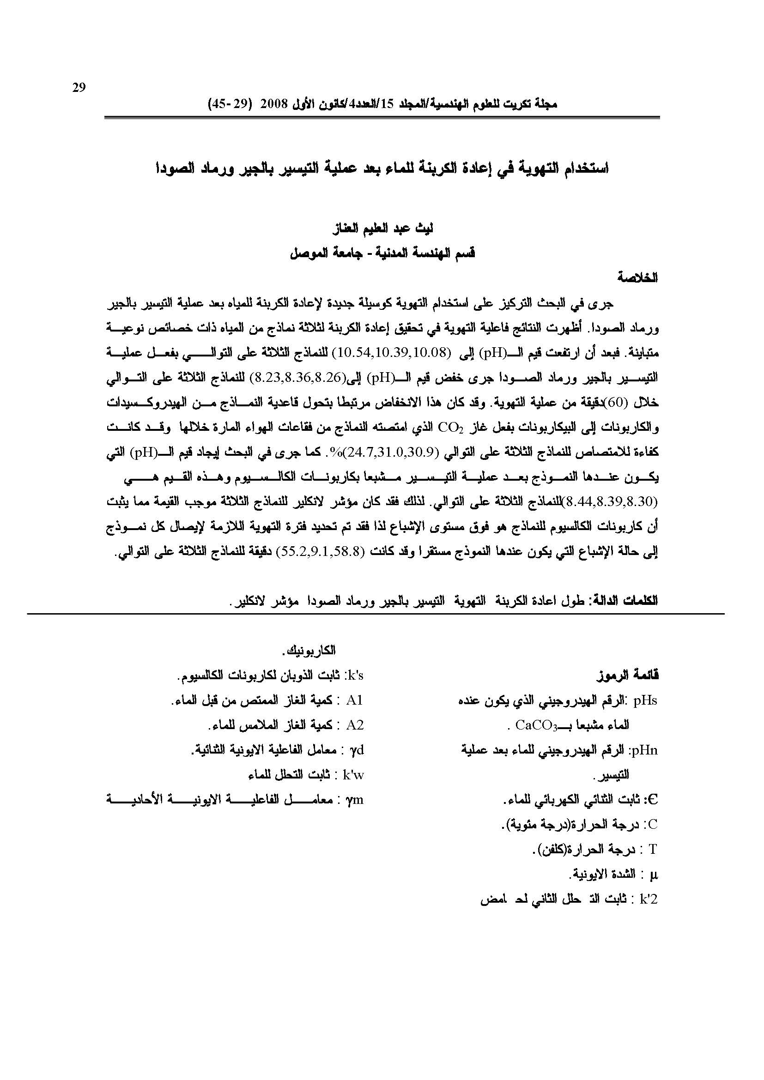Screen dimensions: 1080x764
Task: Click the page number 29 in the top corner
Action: [x=79, y=87]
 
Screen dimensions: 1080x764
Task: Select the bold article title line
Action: [x=382, y=168]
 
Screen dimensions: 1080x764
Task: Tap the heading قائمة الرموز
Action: [x=628, y=676]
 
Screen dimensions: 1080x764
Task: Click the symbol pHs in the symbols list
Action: [x=645, y=701]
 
